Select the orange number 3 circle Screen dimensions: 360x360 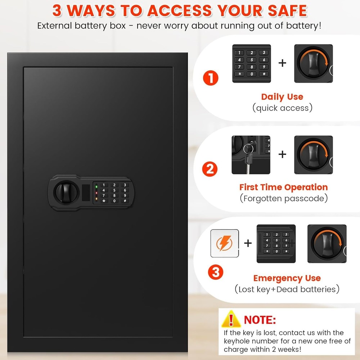(216, 271)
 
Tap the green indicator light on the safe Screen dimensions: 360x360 (96, 186)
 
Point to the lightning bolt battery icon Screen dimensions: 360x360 (224, 243)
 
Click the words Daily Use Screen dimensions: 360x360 (282, 96)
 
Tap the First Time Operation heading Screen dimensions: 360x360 (283, 187)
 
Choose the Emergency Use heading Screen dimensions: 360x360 (287, 278)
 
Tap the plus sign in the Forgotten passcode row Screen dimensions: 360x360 (283, 154)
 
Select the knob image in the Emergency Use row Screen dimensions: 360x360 (327, 244)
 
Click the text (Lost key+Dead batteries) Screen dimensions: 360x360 (287, 289)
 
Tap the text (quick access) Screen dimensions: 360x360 (282, 108)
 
